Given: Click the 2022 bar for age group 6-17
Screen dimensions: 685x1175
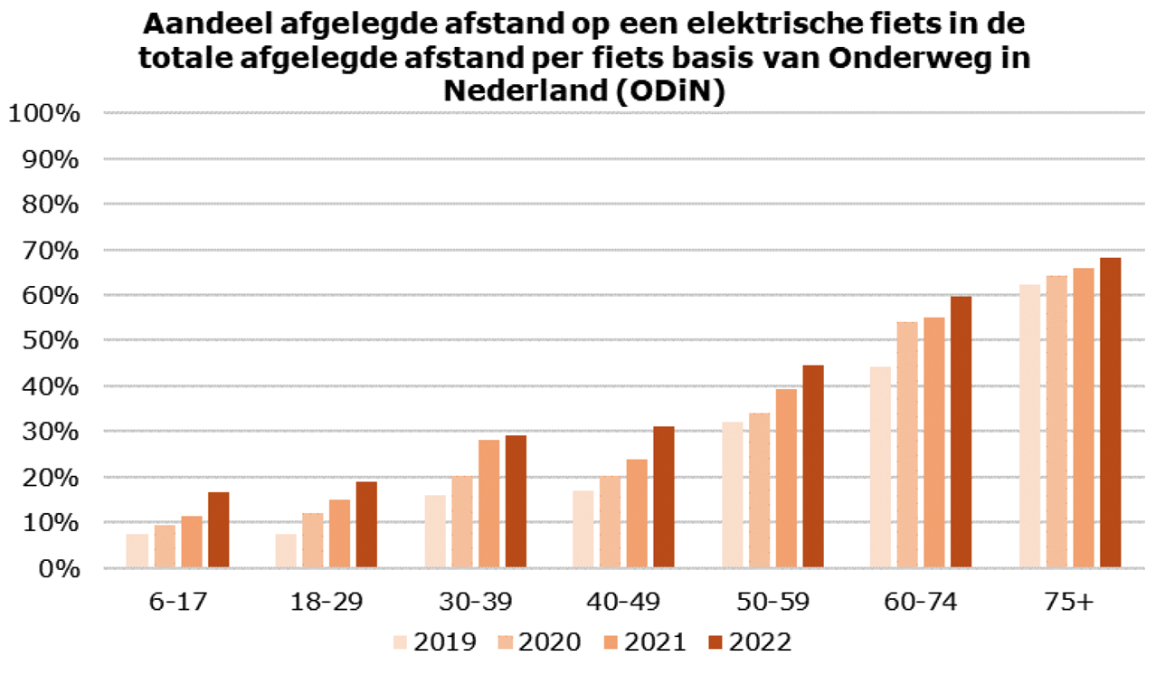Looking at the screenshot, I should pyautogui.click(x=218, y=530).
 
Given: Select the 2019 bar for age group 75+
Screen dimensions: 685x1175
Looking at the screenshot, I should pyautogui.click(x=1029, y=426).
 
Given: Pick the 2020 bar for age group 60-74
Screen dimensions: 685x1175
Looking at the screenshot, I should pyautogui.click(x=907, y=445).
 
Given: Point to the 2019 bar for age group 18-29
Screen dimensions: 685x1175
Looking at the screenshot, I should pyautogui.click(x=285, y=551).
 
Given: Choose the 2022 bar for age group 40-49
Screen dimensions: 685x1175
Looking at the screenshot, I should pyautogui.click(x=664, y=498).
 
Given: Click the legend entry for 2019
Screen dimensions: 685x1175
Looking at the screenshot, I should pyautogui.click(x=434, y=642).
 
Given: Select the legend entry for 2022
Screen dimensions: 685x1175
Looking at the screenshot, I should pyautogui.click(x=750, y=642).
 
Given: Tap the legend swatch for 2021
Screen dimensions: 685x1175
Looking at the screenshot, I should pyautogui.click(x=611, y=642).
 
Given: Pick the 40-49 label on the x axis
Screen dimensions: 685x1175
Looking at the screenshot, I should pyautogui.click(x=625, y=602).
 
